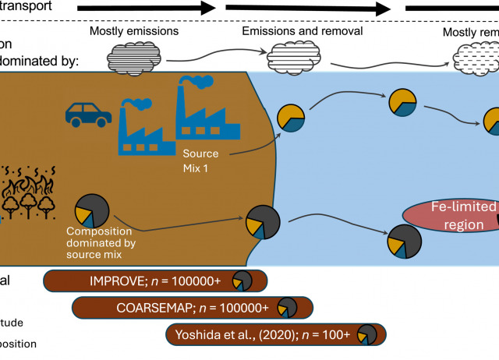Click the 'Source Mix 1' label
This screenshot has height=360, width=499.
click(200, 159)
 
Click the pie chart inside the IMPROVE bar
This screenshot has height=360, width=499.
click(242, 282)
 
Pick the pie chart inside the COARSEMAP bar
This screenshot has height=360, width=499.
click(288, 308)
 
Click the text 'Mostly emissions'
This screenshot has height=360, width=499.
click(134, 32)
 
